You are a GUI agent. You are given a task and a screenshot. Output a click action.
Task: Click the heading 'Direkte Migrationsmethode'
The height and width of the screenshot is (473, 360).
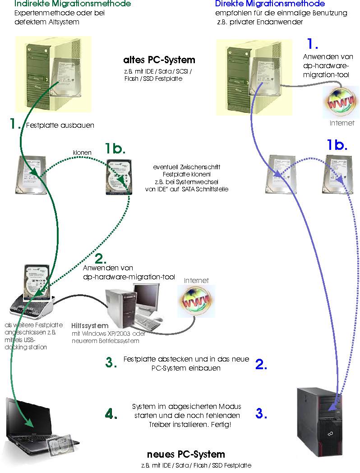pos(270,4)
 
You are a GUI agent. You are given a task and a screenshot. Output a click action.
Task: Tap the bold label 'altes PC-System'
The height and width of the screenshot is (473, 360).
pos(159,60)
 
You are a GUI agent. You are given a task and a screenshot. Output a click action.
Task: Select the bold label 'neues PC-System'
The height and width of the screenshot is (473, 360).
pos(186,454)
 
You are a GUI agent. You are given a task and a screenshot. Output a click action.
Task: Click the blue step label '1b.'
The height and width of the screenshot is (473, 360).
pos(337,145)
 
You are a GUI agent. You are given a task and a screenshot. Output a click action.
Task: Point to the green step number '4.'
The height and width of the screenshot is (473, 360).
pos(111,414)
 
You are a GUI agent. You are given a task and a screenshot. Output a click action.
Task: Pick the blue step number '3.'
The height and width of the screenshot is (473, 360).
pos(261,413)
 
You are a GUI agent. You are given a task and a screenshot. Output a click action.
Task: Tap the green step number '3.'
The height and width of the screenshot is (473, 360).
pos(111,362)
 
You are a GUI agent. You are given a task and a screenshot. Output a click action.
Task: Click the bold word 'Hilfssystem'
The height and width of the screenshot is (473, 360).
pos(90,325)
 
